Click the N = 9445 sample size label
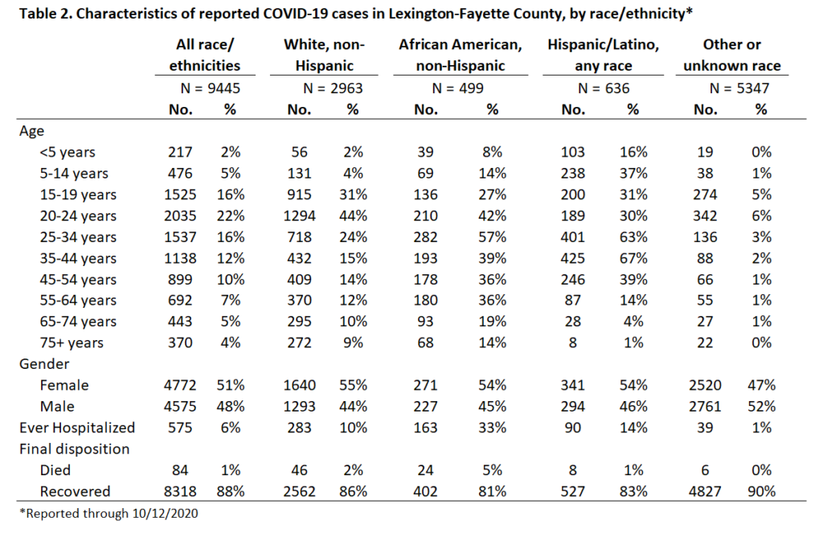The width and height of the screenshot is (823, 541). pos(210,88)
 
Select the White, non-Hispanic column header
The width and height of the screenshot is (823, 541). pos(324,55)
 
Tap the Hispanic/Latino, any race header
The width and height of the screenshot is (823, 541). pos(603,55)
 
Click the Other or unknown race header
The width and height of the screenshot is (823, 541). pos(731,55)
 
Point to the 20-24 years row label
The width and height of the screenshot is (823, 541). pos(78,216)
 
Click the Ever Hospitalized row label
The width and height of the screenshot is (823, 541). pos(77,428)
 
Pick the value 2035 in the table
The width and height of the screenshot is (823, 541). pos(180,215)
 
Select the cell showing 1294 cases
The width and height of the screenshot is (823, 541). pos(299,215)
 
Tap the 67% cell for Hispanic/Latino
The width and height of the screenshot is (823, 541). pos(633,258)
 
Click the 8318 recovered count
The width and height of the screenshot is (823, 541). pos(180,492)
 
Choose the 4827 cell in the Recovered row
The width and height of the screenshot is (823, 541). pos(705,492)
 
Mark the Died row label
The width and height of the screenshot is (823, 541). pos(55,470)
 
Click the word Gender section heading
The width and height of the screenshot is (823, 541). pos(44,364)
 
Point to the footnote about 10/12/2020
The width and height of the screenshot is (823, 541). pos(109,513)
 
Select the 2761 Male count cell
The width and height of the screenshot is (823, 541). pos(705,407)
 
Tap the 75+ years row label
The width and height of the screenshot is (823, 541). pos(72,343)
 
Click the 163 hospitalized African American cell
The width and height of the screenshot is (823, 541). pos(425,428)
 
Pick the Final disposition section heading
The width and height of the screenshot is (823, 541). pos(75,449)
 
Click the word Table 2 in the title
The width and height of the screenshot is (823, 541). pos(45,13)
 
